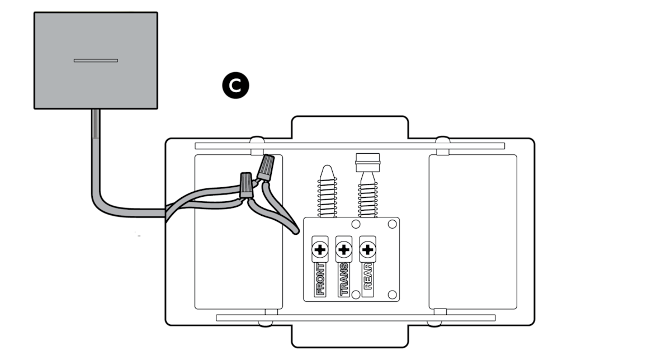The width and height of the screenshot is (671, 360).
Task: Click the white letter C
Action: pos(235,86)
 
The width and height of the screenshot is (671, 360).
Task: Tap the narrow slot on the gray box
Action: pos(96,60)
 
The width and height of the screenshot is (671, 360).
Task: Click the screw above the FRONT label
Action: pos(319,248)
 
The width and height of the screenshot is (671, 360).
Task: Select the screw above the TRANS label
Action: pos(343,248)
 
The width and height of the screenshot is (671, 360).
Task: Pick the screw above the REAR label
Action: pos(367,248)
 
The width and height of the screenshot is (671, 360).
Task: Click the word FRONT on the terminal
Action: pos(320,278)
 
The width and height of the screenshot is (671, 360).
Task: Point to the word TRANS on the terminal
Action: pos(343,278)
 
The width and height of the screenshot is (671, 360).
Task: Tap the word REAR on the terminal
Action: pos(367,276)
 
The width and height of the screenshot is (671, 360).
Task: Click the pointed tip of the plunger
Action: pos(327,170)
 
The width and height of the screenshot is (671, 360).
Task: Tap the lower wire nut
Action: pos(245,185)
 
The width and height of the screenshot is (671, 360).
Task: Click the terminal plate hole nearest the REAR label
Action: pos(391,294)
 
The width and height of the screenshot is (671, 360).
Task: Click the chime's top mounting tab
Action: pos(349,128)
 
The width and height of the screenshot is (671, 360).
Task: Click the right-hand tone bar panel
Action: pos(472,231)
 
